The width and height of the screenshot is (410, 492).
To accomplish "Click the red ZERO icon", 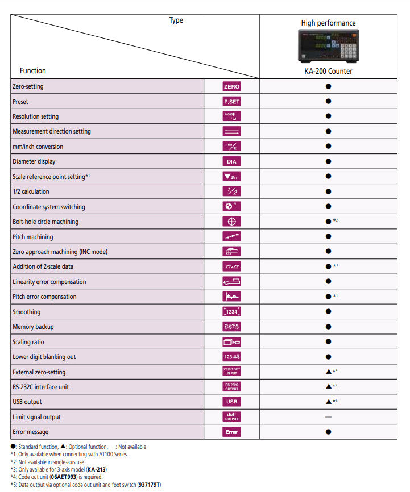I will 231,86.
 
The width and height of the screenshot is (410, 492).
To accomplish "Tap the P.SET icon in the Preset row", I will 231,102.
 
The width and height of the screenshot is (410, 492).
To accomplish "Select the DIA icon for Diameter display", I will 231,161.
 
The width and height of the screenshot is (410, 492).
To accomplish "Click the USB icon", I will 231,402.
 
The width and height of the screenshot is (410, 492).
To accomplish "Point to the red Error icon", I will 231,432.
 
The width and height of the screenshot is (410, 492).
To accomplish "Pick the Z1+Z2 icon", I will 231,266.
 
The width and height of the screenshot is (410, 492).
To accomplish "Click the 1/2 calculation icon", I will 231,191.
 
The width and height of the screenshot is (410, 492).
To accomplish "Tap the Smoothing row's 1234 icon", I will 231,311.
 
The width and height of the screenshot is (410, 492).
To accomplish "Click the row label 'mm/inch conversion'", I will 38,147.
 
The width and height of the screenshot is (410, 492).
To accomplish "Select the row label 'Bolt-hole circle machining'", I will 45,222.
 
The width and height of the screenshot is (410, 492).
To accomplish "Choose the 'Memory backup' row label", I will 34,327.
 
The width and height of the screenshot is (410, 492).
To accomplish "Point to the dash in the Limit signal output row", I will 328,417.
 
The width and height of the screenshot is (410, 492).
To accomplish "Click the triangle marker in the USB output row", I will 328,402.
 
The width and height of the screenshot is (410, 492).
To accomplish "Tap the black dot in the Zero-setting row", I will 328,86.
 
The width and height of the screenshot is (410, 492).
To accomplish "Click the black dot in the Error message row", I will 328,432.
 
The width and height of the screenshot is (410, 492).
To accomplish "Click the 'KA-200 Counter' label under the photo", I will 328,71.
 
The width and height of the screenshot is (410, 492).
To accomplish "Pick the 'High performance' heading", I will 328,23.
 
